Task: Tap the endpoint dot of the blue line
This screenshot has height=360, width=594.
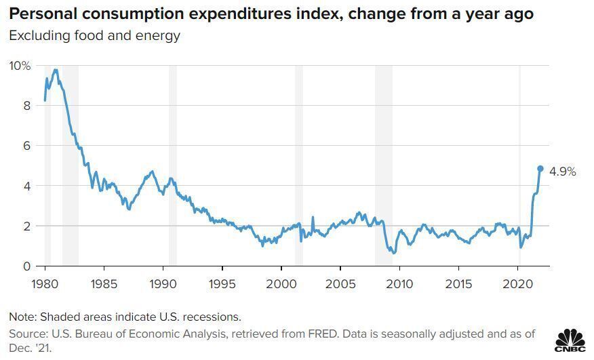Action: pyautogui.click(x=540, y=169)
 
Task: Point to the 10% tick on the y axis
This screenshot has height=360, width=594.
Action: pyautogui.click(x=20, y=66)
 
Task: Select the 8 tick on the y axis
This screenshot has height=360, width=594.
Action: pyautogui.click(x=26, y=106)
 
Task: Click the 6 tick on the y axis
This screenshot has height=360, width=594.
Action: pyautogui.click(x=26, y=146)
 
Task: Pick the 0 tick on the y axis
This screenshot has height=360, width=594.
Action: pyautogui.click(x=26, y=266)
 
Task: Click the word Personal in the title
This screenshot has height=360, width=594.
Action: pyautogui.click(x=39, y=14)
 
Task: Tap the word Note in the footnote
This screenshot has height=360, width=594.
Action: pyautogui.click(x=21, y=317)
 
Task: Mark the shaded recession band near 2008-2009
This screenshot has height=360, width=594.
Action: pyautogui.click(x=384, y=166)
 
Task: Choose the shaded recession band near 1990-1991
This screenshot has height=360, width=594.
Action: pyautogui.click(x=173, y=166)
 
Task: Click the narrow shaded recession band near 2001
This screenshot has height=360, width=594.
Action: pyautogui.click(x=299, y=166)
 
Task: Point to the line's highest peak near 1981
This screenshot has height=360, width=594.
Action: pyautogui.click(x=56, y=70)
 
